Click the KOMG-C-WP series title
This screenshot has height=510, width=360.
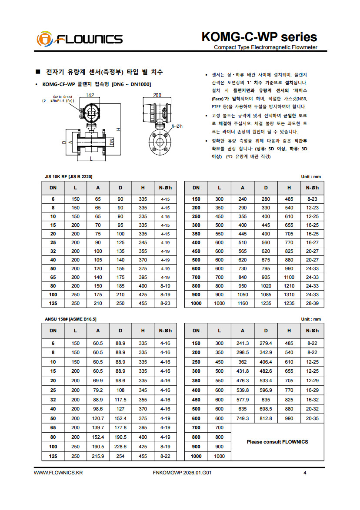click(259, 37)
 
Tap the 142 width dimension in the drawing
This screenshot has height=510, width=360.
click(90, 95)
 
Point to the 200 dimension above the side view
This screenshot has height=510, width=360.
click(157, 95)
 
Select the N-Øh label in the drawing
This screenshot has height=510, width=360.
click(177, 126)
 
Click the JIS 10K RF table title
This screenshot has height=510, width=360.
click(69, 176)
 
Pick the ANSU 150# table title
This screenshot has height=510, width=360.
click(71, 319)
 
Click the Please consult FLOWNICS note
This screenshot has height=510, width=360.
click(277, 442)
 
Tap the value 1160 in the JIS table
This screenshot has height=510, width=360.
click(243, 303)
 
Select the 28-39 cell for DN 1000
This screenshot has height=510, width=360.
click(312, 303)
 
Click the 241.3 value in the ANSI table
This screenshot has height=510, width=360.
click(243, 343)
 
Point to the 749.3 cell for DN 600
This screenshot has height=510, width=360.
click(243, 418)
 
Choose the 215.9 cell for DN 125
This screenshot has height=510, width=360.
click(98, 456)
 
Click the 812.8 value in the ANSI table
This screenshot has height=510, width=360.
click(266, 418)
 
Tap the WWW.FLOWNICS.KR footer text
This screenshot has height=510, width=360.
click(58, 473)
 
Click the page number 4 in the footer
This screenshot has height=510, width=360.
click(305, 473)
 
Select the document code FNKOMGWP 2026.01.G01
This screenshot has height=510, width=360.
click(183, 473)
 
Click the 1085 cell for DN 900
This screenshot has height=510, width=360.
click(266, 294)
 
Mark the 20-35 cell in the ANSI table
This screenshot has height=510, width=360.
click(312, 418)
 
